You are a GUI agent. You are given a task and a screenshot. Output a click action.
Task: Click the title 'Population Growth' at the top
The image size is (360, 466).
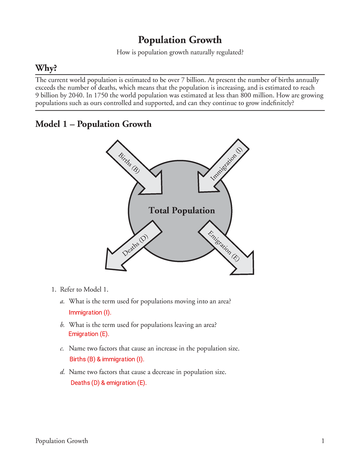180,40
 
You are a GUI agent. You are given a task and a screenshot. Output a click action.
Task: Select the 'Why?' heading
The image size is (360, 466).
46,68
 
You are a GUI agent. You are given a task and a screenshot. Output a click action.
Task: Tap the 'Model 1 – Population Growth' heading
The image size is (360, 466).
93,124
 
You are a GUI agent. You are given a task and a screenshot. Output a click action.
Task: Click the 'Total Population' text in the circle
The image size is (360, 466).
181,210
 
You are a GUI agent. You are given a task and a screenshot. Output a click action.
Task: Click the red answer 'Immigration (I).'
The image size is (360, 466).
90,312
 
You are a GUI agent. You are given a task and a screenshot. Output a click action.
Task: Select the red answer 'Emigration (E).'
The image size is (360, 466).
89,334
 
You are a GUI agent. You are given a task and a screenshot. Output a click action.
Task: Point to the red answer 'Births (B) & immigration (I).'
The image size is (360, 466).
107,359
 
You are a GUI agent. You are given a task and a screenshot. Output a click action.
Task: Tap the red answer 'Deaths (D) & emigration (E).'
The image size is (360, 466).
109,383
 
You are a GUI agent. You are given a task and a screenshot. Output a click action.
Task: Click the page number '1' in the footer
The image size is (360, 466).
323,441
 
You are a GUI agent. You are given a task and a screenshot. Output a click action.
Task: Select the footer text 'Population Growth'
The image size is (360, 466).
61,441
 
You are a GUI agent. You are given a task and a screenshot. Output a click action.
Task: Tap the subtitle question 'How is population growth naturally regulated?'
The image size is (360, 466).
180,53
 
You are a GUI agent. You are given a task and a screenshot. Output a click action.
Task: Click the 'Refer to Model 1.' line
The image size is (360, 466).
84,290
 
